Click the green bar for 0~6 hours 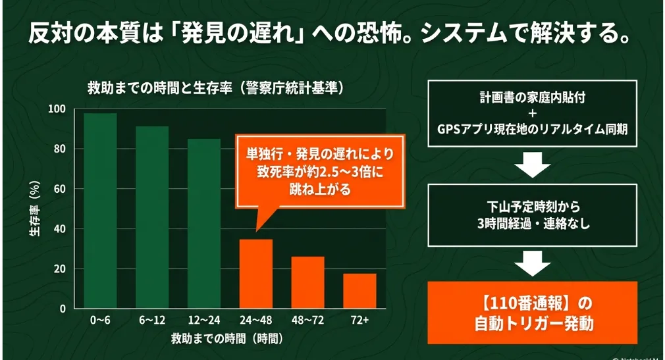pos(100,211)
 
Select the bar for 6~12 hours pos(152,218)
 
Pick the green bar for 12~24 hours pos(204,224)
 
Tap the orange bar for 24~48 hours pos(255,274)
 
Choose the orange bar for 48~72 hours pos(307,282)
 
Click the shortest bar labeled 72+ pos(359,291)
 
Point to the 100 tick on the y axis pos(57,109)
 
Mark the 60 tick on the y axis pos(60,189)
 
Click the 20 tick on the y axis pos(60,269)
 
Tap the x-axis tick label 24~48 pos(255,320)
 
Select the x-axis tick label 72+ pos(359,320)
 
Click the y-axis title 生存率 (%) pos(35,209)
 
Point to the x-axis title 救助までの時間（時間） pos(227,338)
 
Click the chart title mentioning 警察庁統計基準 pos(216,88)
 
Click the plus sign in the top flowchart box pos(533,113)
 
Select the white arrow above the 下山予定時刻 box pos(533,165)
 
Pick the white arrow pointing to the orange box pos(533,263)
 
